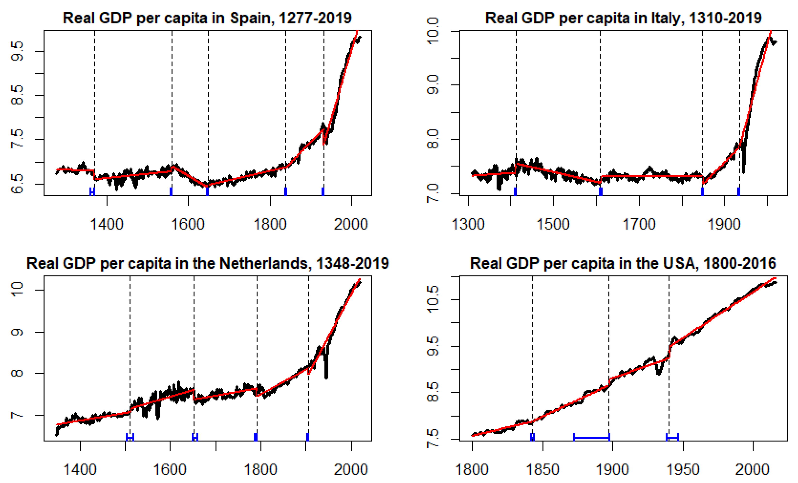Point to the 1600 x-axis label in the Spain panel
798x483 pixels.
coord(188,224)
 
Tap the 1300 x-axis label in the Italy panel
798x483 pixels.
coord(468,224)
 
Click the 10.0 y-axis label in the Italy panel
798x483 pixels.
coord(433,32)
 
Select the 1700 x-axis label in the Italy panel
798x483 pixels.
coord(639,224)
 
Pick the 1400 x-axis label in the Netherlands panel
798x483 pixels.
coord(80,470)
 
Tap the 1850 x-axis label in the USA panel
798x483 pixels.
coord(543,470)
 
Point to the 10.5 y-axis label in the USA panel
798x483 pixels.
coord(433,299)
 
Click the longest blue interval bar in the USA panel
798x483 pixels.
coord(592,438)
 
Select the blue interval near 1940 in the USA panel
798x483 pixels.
coord(672,438)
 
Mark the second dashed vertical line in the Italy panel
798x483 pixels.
coord(600,107)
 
